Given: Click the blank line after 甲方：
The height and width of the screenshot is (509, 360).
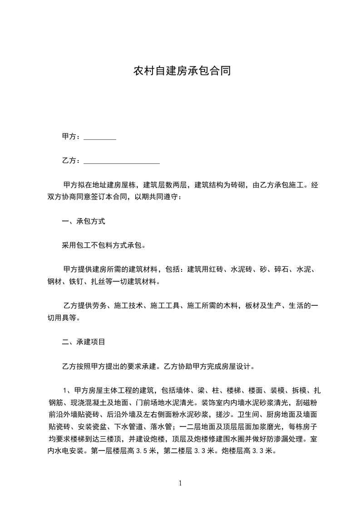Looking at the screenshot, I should (x=100, y=137).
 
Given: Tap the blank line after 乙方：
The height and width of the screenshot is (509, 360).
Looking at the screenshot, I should (x=122, y=161).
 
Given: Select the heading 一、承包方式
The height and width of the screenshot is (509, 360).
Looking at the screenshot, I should (x=84, y=222).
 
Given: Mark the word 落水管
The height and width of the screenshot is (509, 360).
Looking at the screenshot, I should (x=162, y=426).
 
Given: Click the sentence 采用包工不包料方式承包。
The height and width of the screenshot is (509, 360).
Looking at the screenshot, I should (x=104, y=246).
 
